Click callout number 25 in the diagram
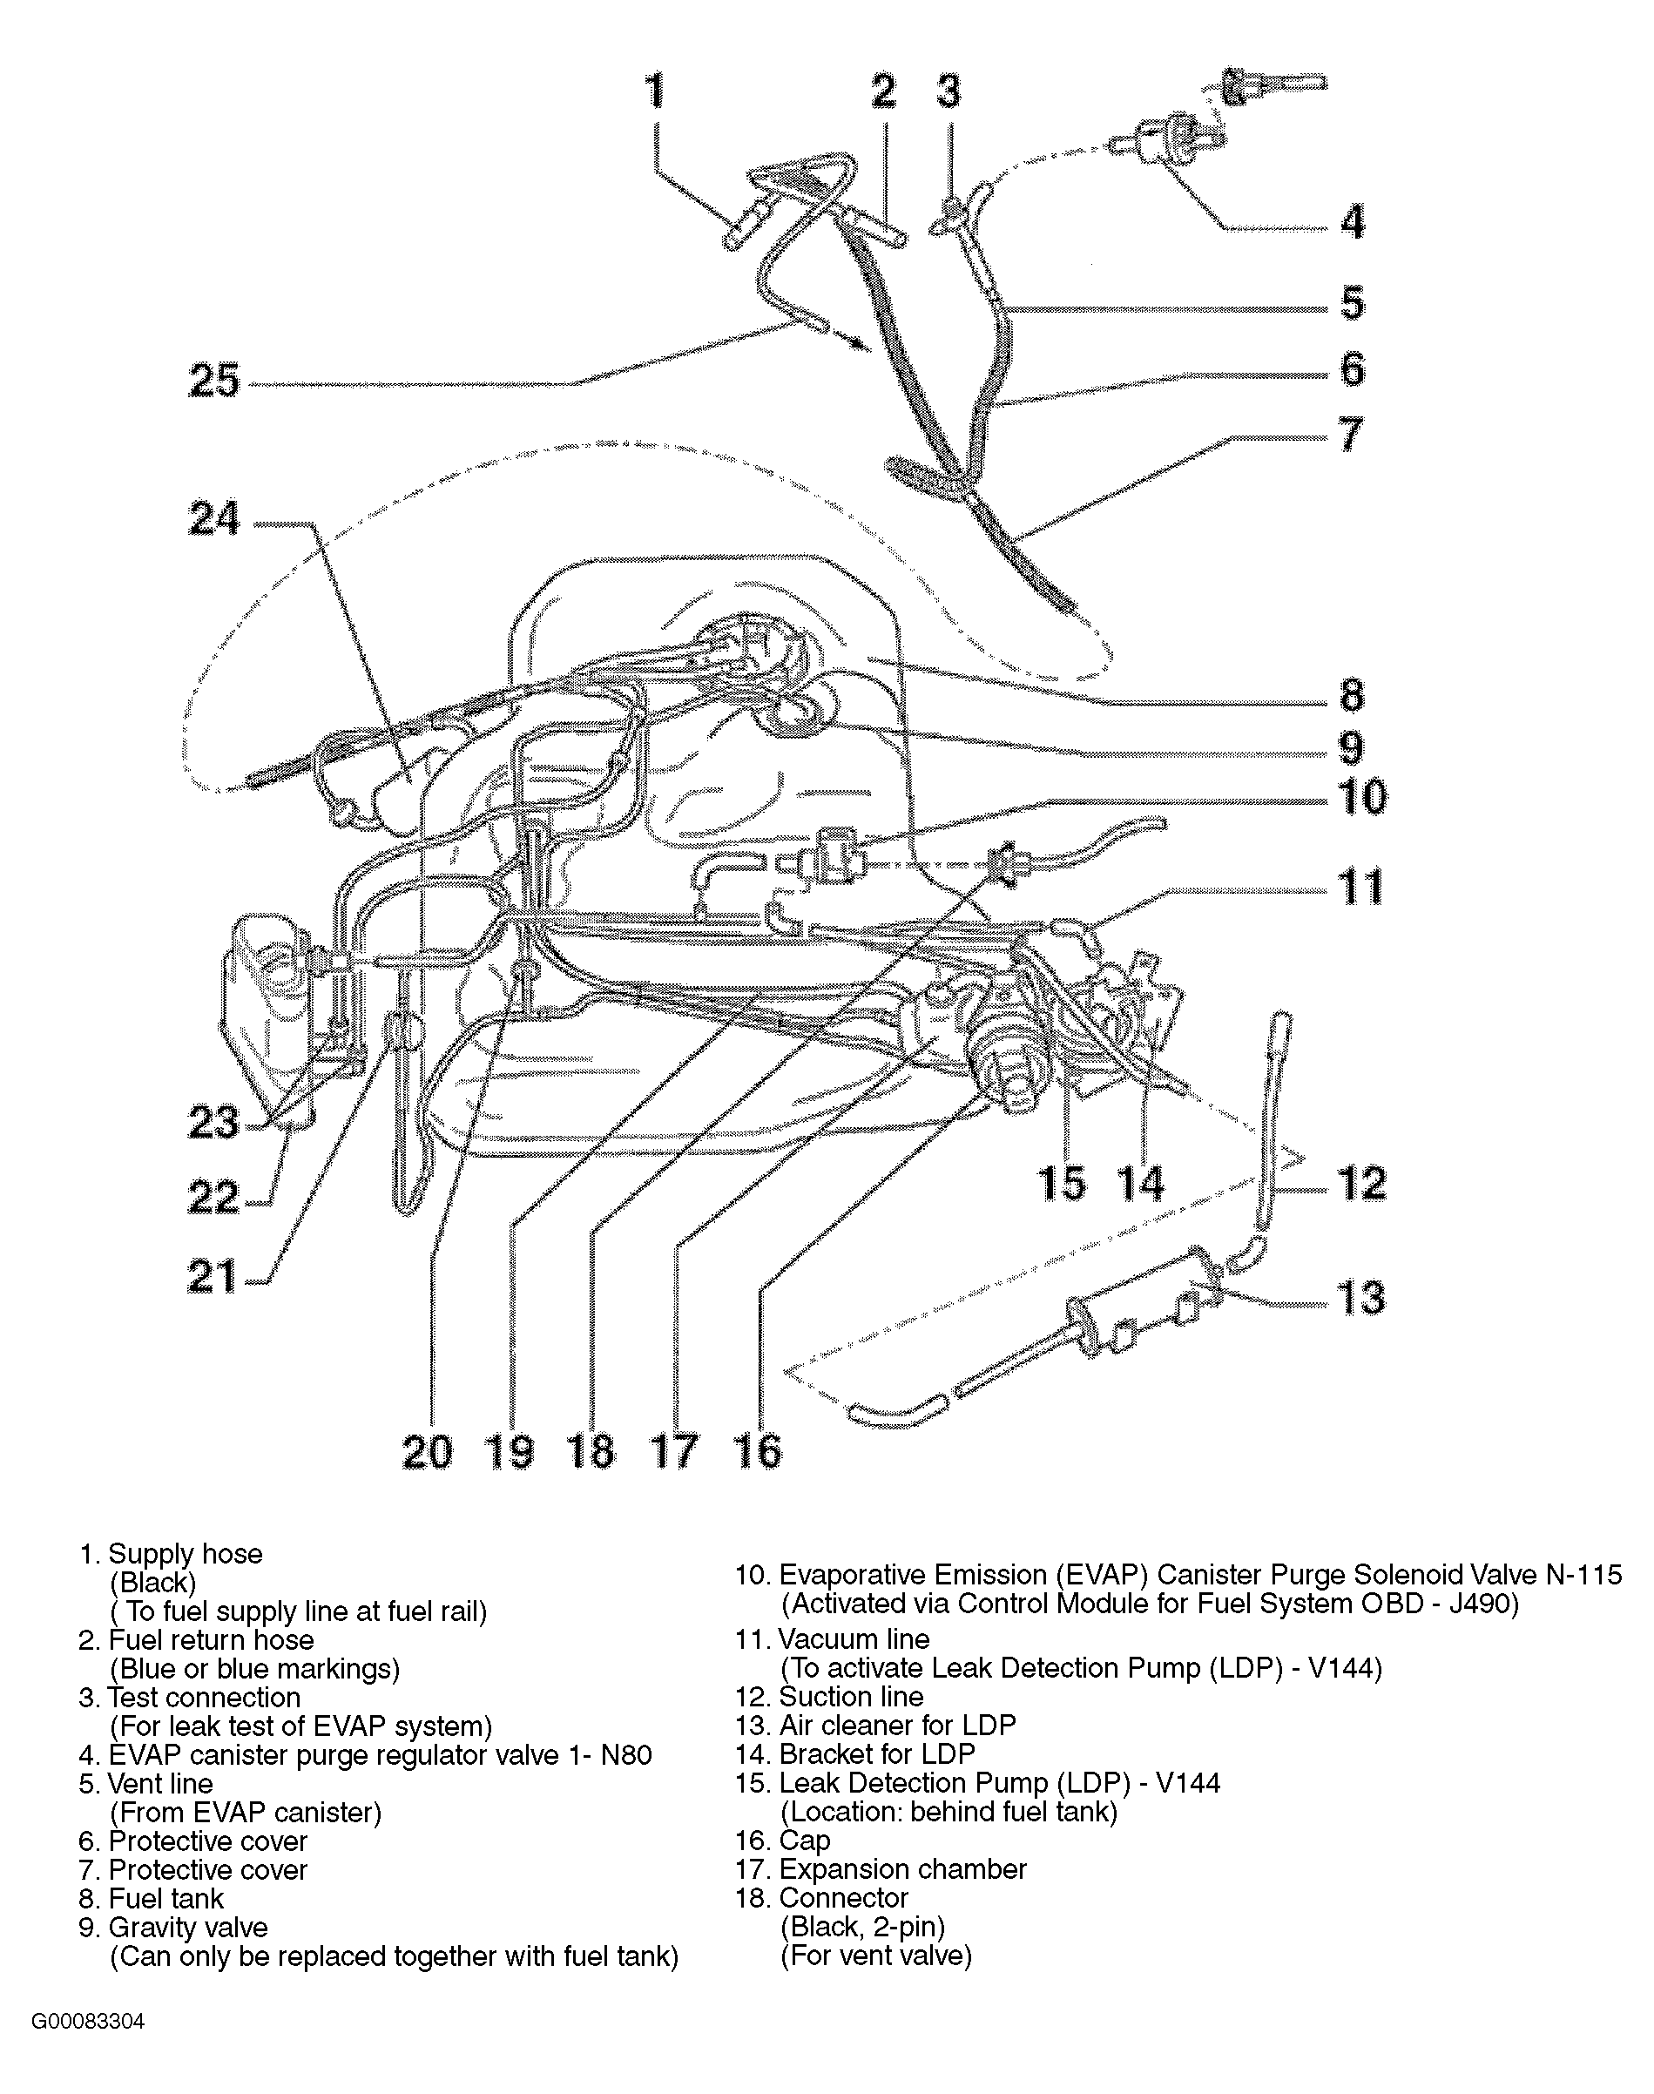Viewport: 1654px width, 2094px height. tap(214, 380)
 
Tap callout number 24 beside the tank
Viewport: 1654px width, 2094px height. tap(214, 519)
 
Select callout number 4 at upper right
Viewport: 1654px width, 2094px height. tap(1353, 222)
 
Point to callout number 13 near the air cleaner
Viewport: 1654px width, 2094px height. tap(1360, 1297)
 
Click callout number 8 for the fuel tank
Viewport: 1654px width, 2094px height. tap(1352, 695)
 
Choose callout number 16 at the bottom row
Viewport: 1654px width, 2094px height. tap(757, 1452)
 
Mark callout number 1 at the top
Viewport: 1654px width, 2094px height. tap(656, 91)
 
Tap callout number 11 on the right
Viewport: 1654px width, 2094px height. tap(1360, 888)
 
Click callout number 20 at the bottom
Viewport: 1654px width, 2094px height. tap(427, 1452)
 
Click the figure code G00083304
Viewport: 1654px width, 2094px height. tap(88, 2023)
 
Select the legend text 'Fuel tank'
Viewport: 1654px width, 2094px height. tap(165, 1898)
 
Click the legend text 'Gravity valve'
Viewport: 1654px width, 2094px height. tap(188, 1928)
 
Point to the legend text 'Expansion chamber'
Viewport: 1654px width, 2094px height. tap(902, 1869)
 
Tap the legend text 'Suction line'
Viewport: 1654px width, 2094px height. tap(851, 1697)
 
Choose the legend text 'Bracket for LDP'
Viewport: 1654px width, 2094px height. tap(876, 1754)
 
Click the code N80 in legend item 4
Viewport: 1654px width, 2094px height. tap(626, 1755)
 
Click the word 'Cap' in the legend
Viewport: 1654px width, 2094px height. tap(805, 1841)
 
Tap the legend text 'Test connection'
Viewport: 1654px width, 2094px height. tap(205, 1698)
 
